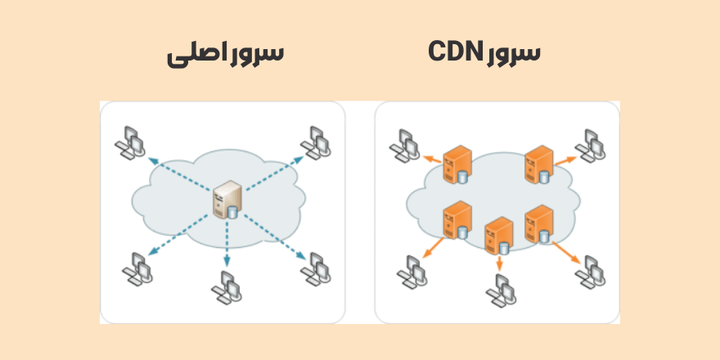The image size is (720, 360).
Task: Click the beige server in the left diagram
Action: [225, 201]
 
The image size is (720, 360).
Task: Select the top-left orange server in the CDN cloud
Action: [457, 163]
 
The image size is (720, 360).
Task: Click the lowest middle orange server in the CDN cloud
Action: [498, 236]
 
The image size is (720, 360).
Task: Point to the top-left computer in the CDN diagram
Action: [404, 145]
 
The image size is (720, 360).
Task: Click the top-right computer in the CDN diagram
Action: [591, 144]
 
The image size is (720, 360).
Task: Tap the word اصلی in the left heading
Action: [194, 55]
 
